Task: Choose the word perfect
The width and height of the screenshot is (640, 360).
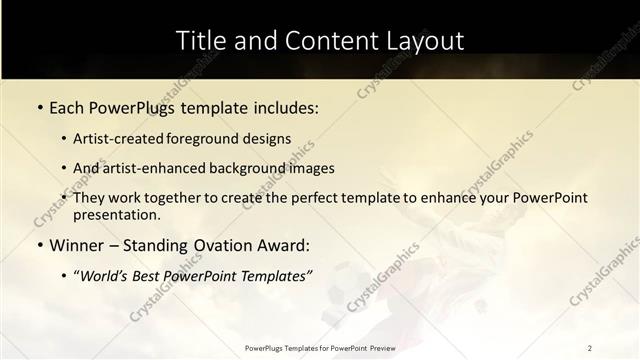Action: [x=319, y=198]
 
